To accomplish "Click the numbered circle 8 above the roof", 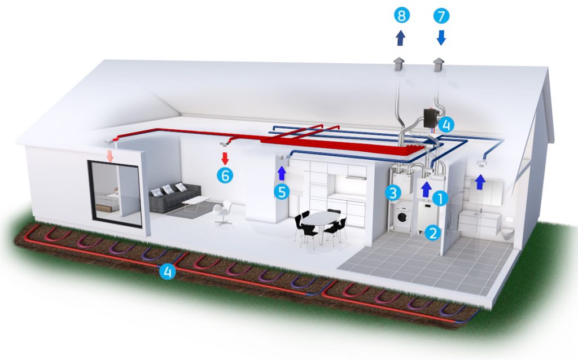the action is pos(402,16).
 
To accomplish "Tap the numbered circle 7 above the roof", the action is pos(441,16).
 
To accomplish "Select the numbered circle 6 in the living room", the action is pos(225,175).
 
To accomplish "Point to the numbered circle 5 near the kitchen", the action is pos(282,192).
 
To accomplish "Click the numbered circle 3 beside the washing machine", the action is pos(393,192).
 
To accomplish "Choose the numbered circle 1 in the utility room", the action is pos(440,199).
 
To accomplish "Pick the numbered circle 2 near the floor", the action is pos(433,232).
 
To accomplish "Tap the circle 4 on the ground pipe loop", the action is pos(167,272).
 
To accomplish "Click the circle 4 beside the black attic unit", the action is pos(446,125).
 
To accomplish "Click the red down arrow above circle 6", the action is pos(225,159).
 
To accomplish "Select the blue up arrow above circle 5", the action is pos(282,173).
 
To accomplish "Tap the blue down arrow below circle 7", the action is pos(441,38).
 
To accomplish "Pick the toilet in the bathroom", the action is pos(508,233).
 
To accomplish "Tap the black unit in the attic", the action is pos(430,118).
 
